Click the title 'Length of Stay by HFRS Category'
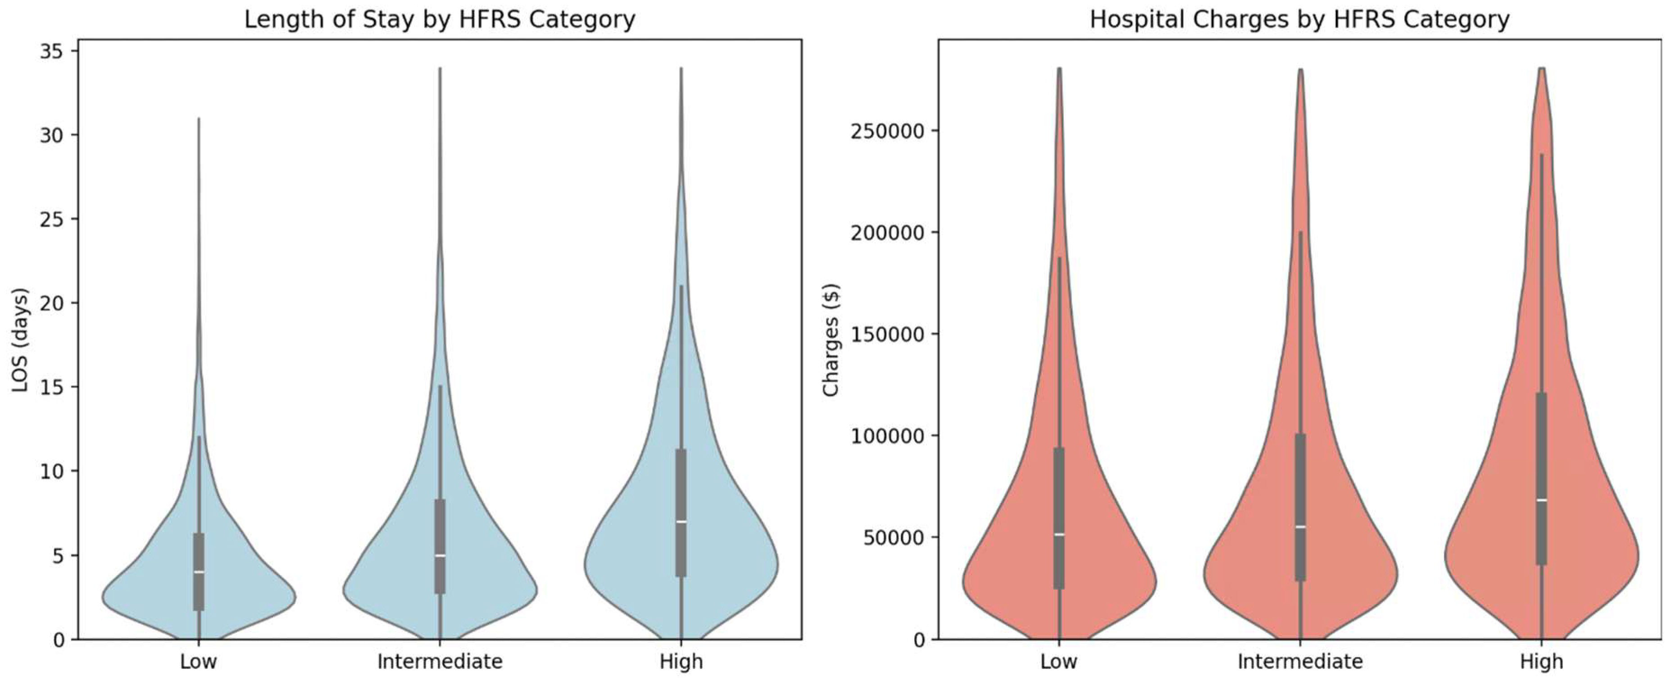[439, 19]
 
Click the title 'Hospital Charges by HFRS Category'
[1299, 19]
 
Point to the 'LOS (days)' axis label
[21, 339]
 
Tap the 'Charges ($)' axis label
[831, 339]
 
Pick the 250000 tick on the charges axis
[887, 131]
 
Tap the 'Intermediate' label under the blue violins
[440, 661]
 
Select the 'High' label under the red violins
[1541, 661]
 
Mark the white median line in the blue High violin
[681, 522]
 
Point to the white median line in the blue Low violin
[199, 572]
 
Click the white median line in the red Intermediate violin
[1300, 527]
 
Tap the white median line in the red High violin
[1541, 499]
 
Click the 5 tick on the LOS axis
[59, 555]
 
